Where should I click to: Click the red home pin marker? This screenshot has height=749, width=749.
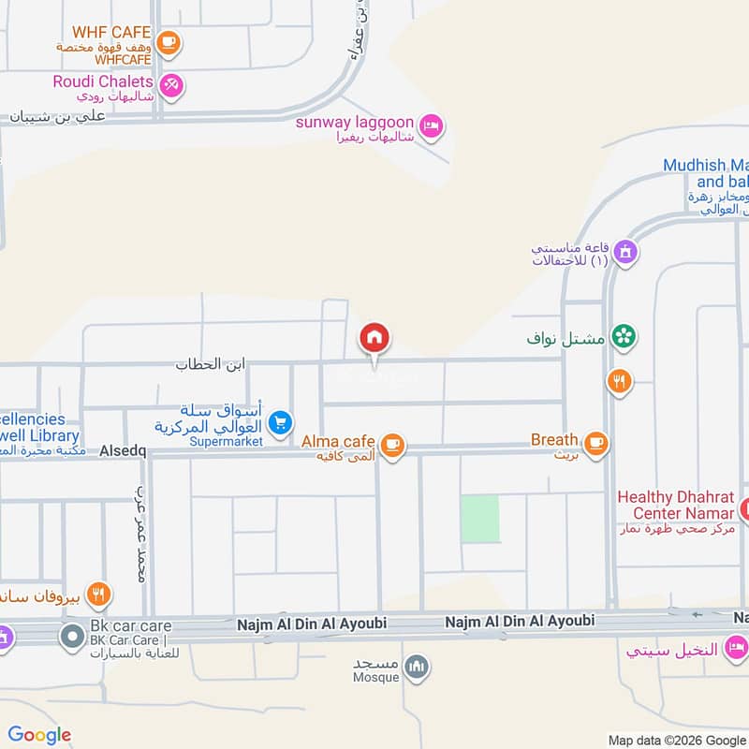pyautogui.click(x=374, y=338)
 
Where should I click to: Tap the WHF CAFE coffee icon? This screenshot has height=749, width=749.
pyautogui.click(x=169, y=42)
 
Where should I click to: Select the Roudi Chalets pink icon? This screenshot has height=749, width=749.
pyautogui.click(x=170, y=85)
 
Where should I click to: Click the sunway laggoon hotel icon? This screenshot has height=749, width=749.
pyautogui.click(x=430, y=126)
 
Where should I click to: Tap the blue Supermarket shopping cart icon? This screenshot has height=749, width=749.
pyautogui.click(x=279, y=424)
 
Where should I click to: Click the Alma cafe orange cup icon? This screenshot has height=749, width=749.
pyautogui.click(x=393, y=445)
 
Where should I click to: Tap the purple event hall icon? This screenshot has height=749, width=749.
pyautogui.click(x=626, y=252)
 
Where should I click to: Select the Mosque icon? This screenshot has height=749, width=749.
pyautogui.click(x=418, y=666)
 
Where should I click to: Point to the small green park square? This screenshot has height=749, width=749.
pyautogui.click(x=479, y=518)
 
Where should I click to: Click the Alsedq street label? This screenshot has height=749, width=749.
pyautogui.click(x=124, y=451)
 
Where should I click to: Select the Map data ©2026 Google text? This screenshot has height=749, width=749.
pyautogui.click(x=677, y=739)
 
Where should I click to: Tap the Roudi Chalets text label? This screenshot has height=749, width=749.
pyautogui.click(x=102, y=81)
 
